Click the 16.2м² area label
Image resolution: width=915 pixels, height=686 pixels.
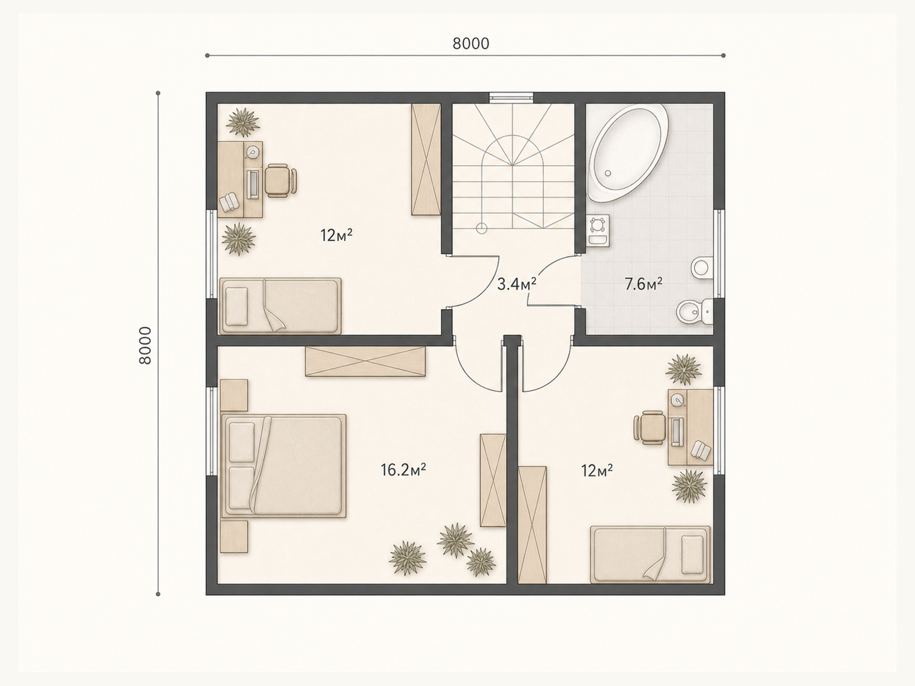coord(403,470)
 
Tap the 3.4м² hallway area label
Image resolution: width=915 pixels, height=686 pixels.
coord(516,285)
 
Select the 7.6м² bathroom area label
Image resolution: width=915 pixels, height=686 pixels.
coord(643,285)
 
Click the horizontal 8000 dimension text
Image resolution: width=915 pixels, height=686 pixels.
coord(471,43)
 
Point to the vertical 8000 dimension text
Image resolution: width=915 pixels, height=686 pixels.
coord(145,345)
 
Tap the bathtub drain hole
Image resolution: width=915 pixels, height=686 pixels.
coord(608,173)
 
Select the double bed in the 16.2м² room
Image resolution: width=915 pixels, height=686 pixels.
coord(284,466)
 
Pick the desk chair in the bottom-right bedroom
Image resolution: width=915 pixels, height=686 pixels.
coord(649,428)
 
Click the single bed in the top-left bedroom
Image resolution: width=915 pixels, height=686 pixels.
coord(280,306)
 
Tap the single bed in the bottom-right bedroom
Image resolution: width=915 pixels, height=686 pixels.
coord(650,555)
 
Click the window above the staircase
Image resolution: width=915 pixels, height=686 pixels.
coord(511,97)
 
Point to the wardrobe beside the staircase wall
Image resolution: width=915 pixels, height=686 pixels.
coord(426,159)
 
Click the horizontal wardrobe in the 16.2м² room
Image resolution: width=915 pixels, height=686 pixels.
coord(365,361)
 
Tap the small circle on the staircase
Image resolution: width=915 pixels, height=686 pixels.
coord(482,228)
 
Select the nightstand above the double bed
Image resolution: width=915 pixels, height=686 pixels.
coord(234,395)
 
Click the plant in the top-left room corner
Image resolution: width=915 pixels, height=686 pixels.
coord(242,122)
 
